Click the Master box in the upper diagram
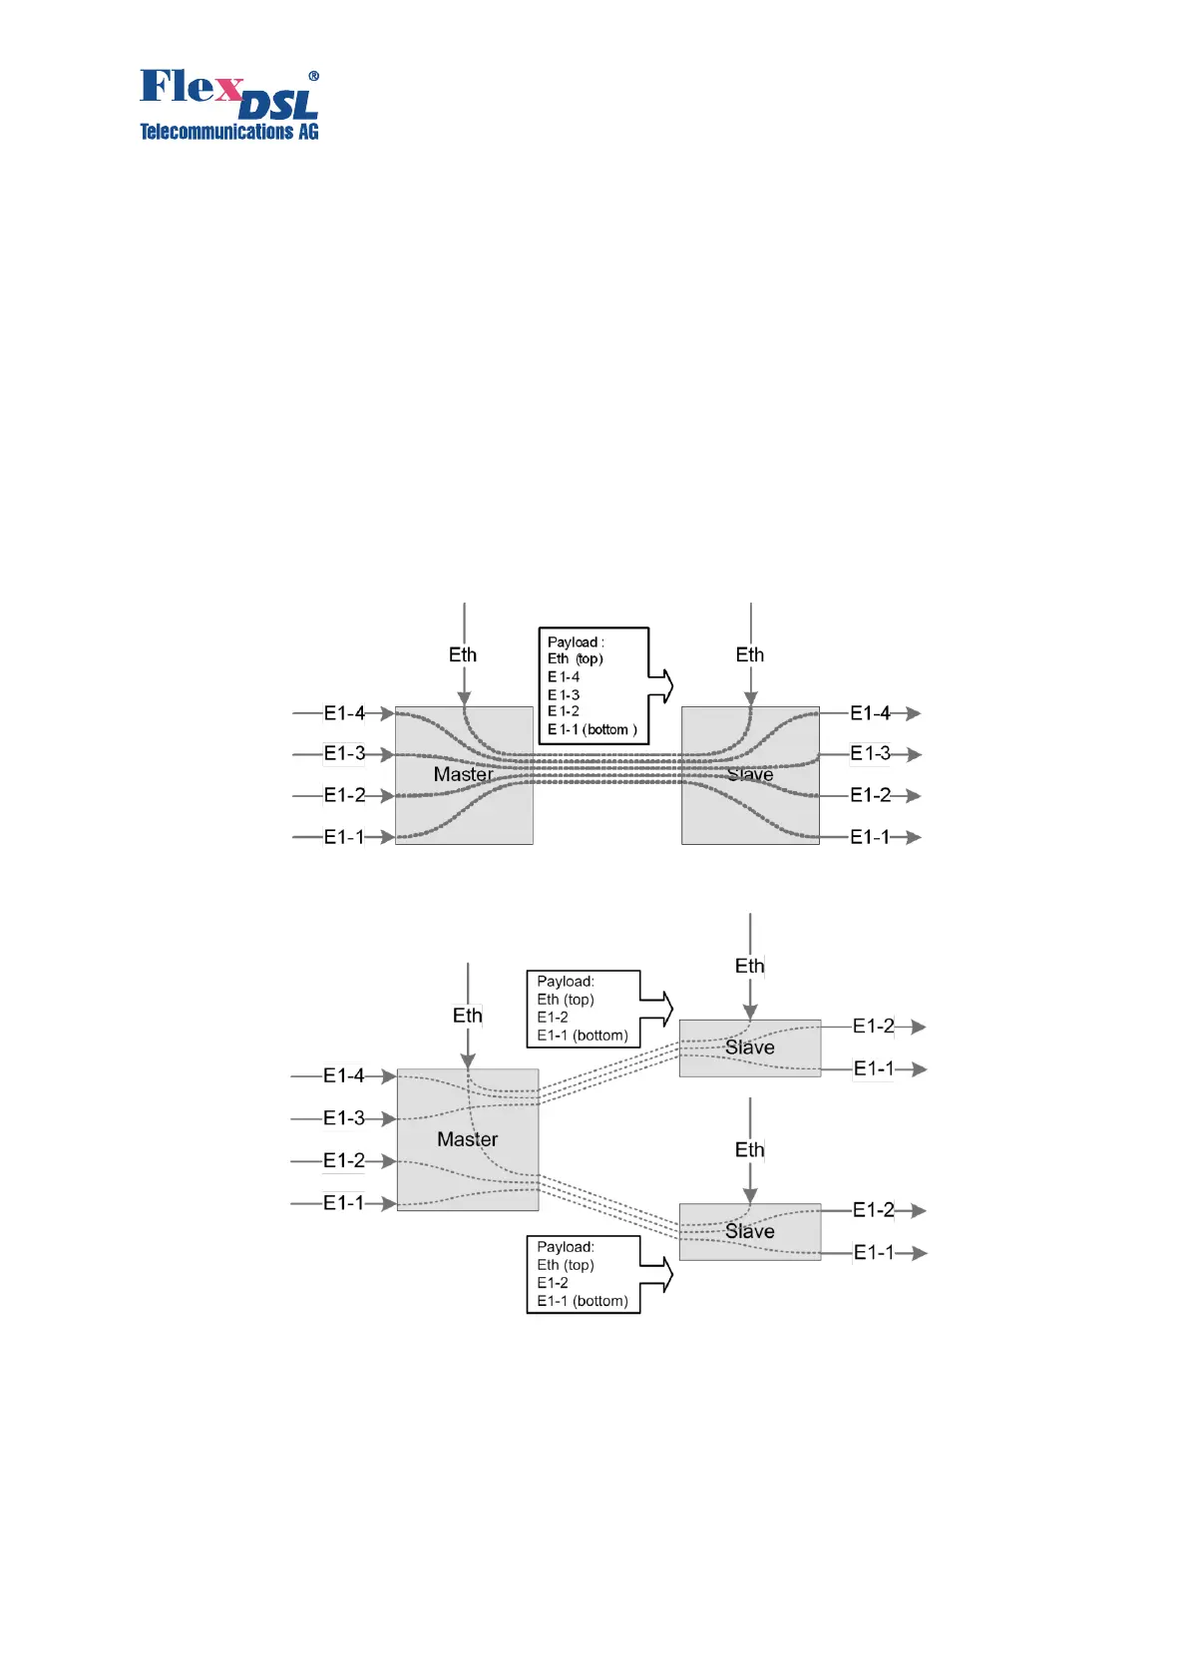click(x=464, y=775)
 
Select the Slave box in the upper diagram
click(x=750, y=775)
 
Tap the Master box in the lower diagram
click(x=467, y=1139)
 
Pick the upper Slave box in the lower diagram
click(x=750, y=1048)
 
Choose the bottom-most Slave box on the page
click(x=750, y=1231)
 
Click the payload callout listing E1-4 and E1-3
click(x=594, y=685)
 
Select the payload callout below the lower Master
click(x=584, y=1274)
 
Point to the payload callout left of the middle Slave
click(x=584, y=1009)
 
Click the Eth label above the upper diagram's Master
click(x=463, y=654)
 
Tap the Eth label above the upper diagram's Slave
click(x=750, y=654)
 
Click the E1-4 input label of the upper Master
click(x=344, y=713)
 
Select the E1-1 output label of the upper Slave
click(x=870, y=837)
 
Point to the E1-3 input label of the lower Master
click(x=344, y=1118)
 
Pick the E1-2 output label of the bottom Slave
click(x=874, y=1210)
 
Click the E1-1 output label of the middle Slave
click(x=874, y=1068)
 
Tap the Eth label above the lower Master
click(x=467, y=1016)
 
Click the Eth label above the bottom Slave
click(x=750, y=1150)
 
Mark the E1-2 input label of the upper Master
click(x=344, y=795)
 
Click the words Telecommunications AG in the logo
click(x=228, y=132)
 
